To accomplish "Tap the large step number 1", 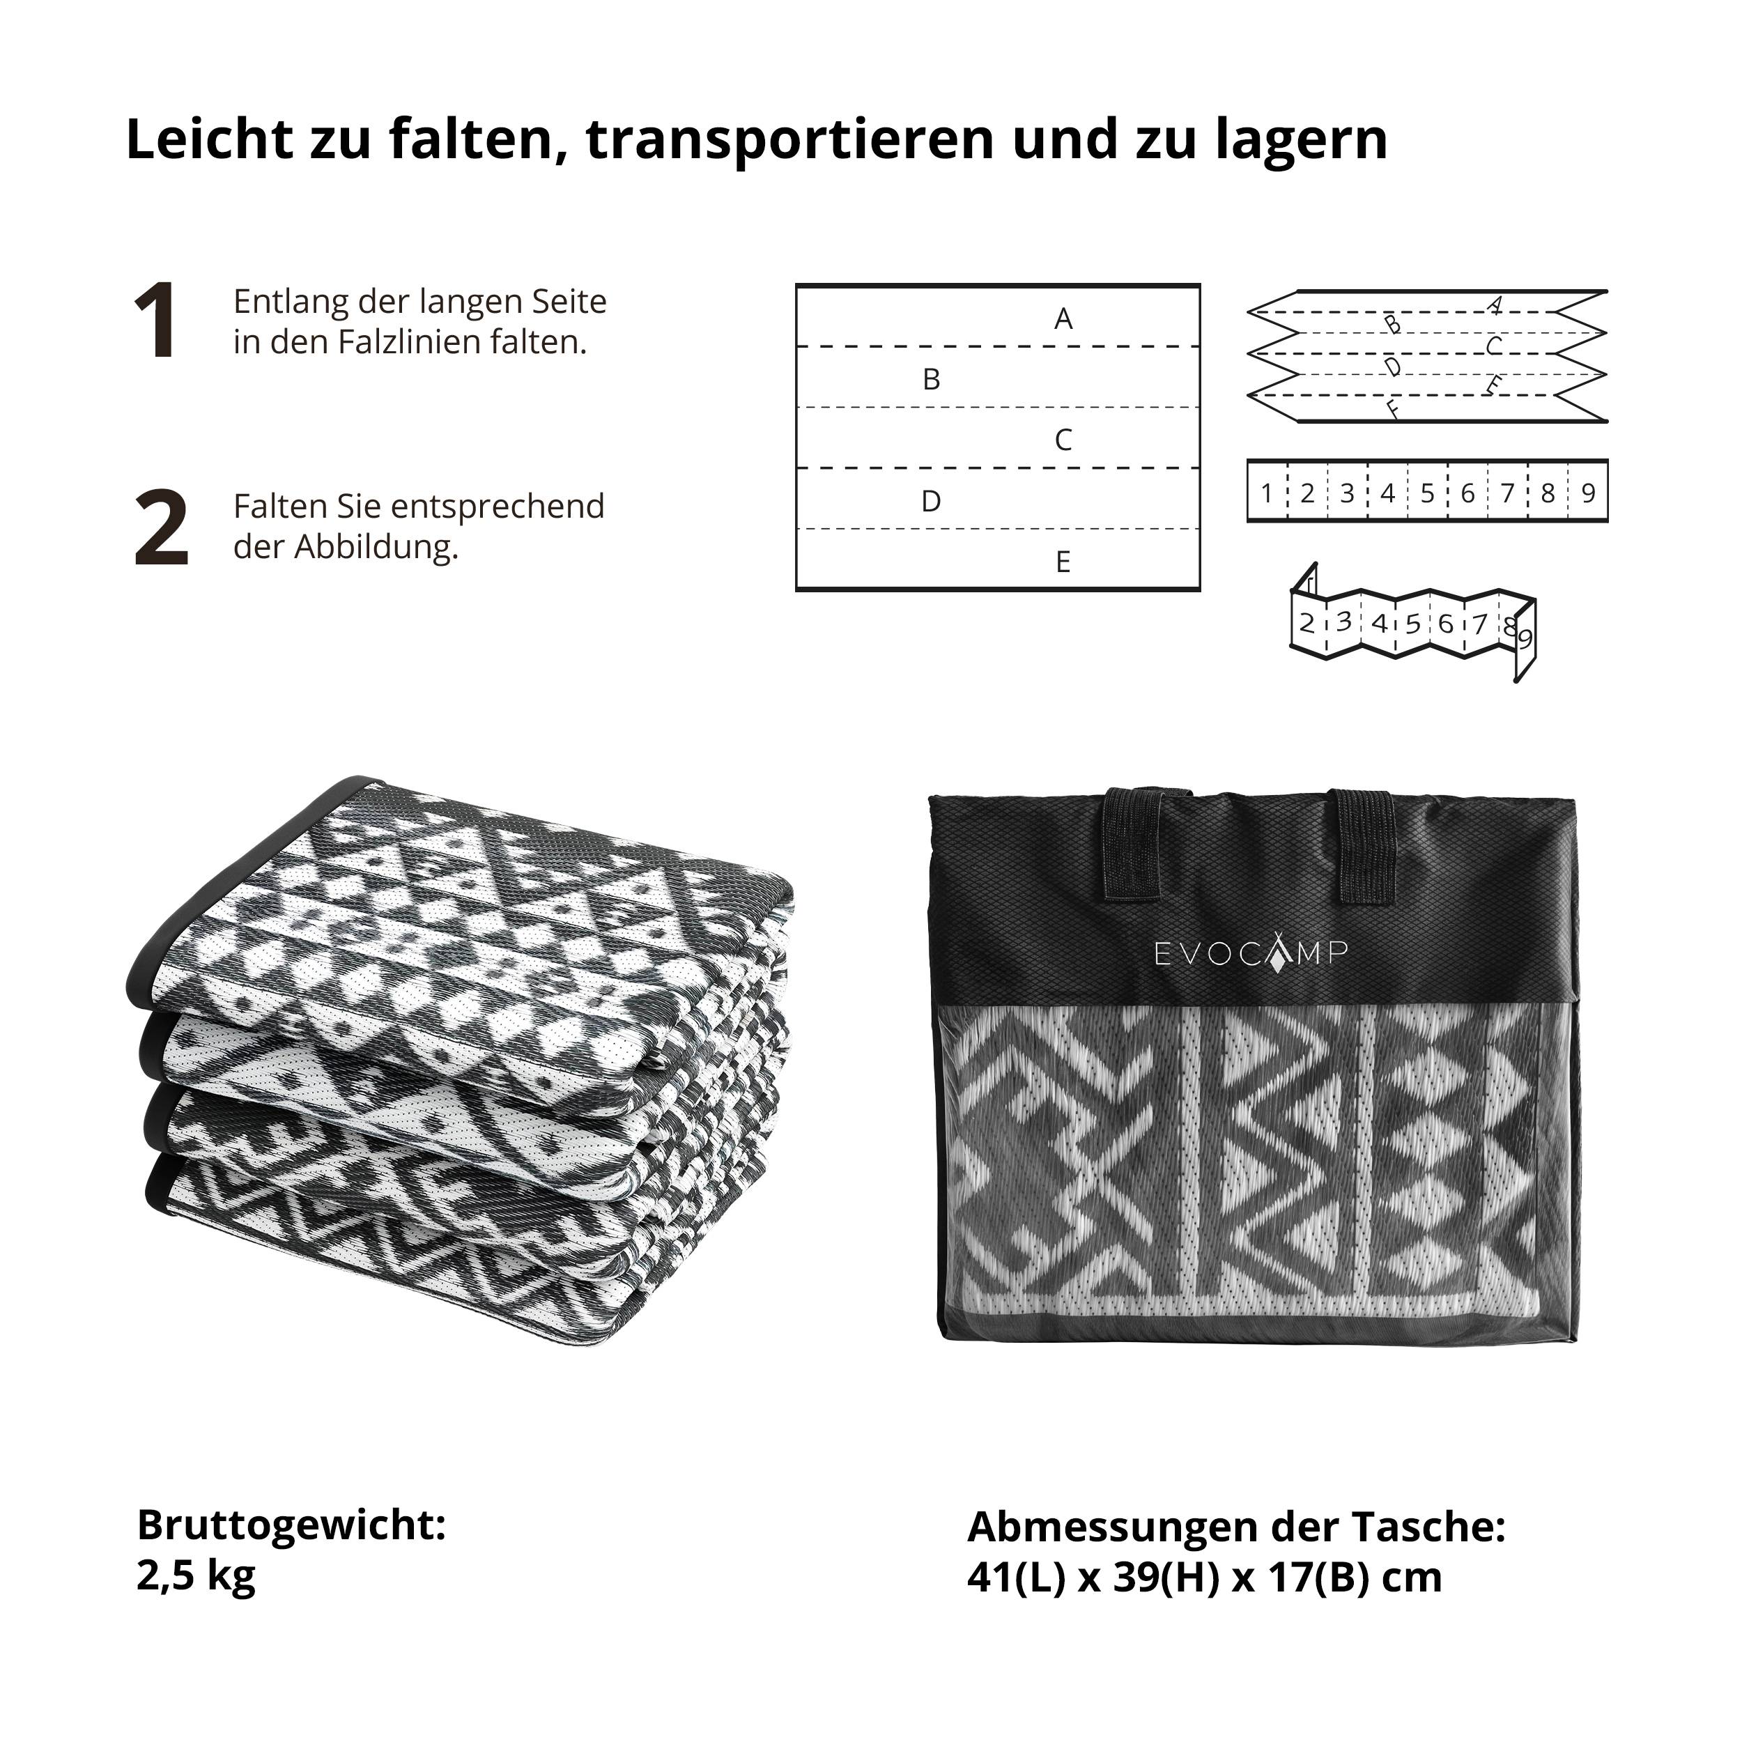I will coord(155,321).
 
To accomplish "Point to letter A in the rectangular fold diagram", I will coord(1063,318).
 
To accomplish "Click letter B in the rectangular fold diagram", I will coord(932,380).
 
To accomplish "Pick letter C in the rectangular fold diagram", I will coord(1063,440).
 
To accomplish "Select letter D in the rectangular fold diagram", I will coord(932,501).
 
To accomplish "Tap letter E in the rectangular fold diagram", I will coord(1063,562).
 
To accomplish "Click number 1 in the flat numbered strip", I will coord(1267,493).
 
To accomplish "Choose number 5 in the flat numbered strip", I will coord(1427,493).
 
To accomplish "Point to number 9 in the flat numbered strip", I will coord(1588,493).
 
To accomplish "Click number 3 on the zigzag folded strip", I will coord(1343,622).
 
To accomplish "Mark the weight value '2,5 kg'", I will coord(196,1575).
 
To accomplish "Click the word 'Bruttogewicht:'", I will coord(291,1525).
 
